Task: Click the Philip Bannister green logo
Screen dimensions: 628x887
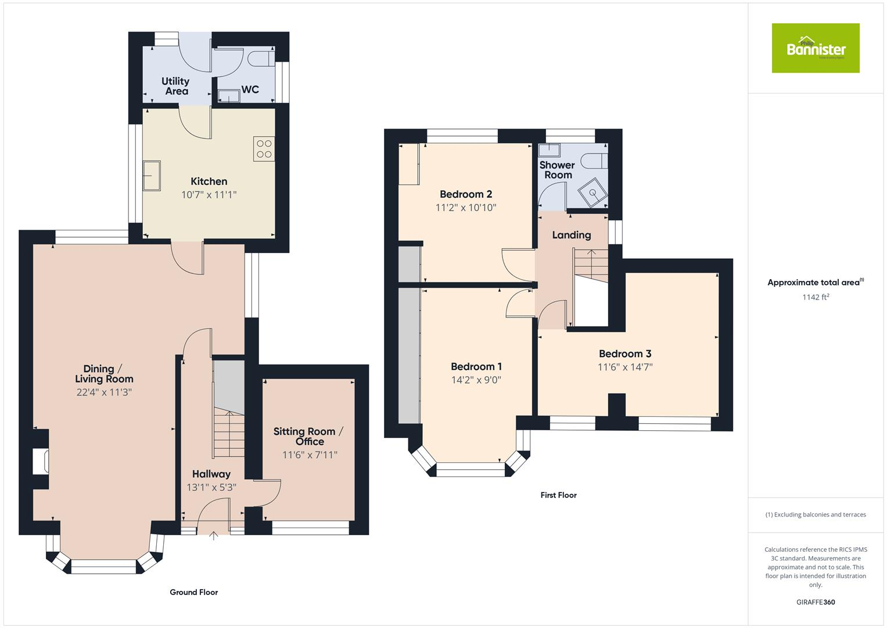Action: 815,48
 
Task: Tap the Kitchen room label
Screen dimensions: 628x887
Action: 209,181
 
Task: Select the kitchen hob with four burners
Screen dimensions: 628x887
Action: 264,149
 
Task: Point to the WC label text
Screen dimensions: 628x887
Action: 250,90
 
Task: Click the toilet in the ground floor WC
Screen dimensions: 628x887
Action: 260,58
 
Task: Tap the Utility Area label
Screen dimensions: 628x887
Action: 175,86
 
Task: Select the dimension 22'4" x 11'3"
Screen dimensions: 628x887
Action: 104,392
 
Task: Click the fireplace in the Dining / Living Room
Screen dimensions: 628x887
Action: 41,461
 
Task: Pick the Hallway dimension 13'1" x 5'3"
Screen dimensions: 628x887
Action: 211,487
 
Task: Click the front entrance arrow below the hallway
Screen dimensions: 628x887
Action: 213,536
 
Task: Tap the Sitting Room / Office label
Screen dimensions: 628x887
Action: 308,436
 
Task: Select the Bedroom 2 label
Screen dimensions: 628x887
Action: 466,194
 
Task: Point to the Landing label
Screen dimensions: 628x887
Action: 571,235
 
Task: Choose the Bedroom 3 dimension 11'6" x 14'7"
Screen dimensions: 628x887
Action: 625,367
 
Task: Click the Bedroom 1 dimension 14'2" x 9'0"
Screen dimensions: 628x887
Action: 476,380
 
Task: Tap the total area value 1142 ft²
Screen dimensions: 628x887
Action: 815,297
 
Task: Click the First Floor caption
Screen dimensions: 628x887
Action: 558,495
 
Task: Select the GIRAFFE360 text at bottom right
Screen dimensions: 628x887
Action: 815,602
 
